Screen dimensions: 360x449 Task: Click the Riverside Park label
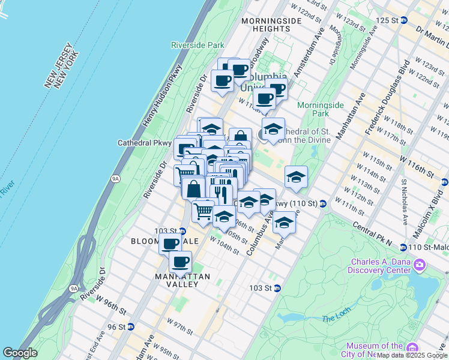tap(197, 45)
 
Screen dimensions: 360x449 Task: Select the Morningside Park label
tap(321, 109)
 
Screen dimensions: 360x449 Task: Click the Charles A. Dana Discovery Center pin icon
tap(420, 264)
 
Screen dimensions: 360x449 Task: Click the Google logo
tap(20, 353)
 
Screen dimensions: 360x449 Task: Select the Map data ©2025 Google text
tap(412, 355)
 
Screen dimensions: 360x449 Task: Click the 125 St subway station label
tap(387, 20)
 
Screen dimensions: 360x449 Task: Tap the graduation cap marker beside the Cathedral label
tap(273, 130)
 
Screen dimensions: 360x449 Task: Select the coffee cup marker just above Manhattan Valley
tap(180, 262)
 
